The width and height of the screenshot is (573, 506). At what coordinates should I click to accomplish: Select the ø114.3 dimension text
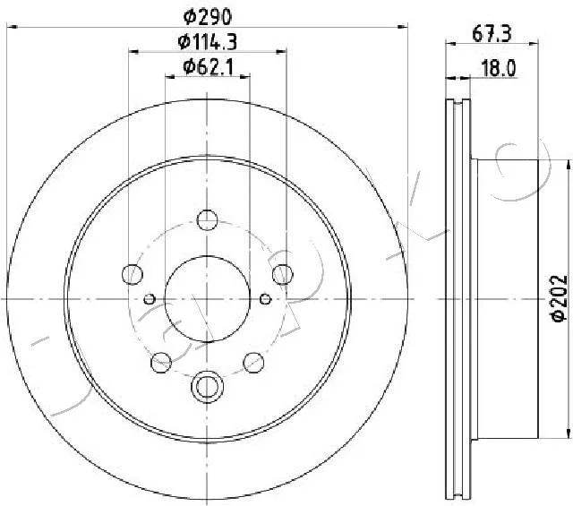point(208,42)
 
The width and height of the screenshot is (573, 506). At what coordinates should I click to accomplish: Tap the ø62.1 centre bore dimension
point(208,67)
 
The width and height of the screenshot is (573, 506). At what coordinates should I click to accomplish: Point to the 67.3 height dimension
point(492,34)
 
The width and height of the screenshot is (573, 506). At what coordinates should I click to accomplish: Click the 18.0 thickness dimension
point(499,68)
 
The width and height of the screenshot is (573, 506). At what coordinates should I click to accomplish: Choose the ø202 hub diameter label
point(559,298)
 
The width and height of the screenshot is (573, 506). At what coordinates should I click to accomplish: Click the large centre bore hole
point(207,299)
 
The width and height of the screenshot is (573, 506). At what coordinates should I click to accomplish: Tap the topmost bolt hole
point(207,220)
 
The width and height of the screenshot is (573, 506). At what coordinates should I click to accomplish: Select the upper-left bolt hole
point(132,274)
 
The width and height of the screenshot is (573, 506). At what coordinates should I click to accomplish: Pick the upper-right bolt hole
point(283,274)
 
